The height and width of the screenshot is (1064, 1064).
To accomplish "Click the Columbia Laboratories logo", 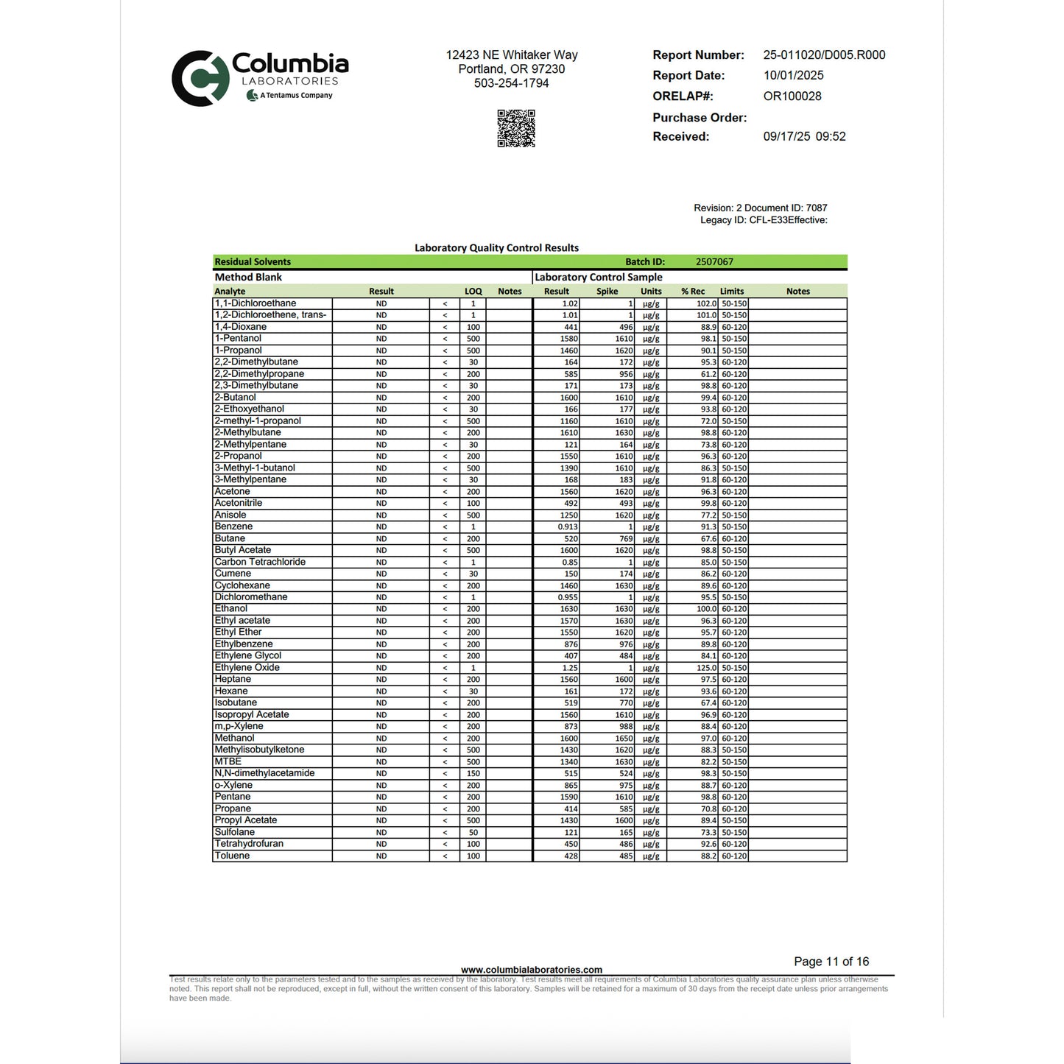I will pos(259,77).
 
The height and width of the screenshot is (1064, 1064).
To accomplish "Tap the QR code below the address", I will pos(515,128).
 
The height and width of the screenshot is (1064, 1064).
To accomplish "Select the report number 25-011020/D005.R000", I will pos(824,55).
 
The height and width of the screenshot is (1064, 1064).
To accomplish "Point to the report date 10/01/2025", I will pos(793,76).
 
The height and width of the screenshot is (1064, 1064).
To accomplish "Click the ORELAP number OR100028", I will pos(792,96).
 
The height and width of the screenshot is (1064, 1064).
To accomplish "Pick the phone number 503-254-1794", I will pos(511,83).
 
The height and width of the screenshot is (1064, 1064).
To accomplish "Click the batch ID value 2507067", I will pos(714,262).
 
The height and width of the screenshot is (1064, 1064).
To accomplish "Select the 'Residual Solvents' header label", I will pos(253,262).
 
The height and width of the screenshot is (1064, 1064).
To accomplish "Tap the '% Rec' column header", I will pos(693,292).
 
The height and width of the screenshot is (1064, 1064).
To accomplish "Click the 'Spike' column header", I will pos(607,292).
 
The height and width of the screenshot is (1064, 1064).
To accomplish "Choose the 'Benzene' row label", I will pos(233,526).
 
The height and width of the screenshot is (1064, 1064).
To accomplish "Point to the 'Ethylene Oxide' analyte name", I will pos(247,667).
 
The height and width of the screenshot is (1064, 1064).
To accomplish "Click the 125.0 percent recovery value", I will pos(706,668).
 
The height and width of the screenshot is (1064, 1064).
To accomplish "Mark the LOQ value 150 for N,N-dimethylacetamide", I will pos(473,773).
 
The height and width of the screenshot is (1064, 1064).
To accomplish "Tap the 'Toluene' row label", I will pos(232,856).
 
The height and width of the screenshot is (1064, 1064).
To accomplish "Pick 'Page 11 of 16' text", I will pos(831,962).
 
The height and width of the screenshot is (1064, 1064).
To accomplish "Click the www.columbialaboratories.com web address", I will pos(531,970).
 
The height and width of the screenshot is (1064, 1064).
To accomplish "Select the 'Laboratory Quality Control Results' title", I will pos(496,248).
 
